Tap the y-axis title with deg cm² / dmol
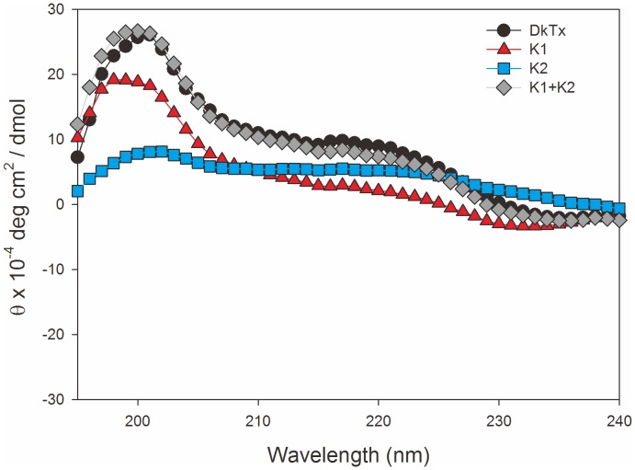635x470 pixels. pos(22,204)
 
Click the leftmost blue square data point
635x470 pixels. pos(77,191)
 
